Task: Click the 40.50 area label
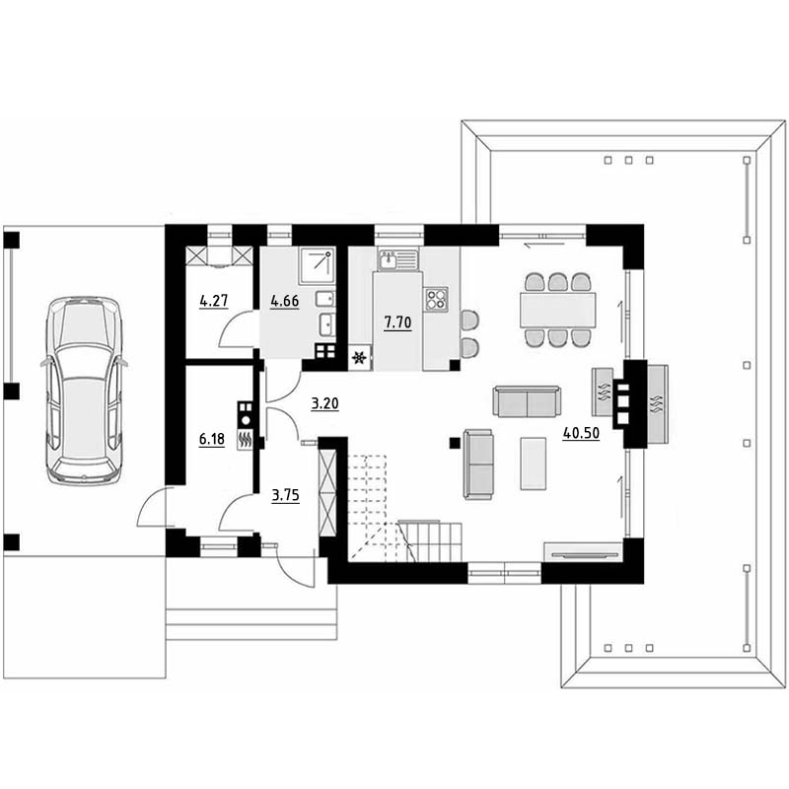(x=581, y=433)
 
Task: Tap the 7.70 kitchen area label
(x=397, y=323)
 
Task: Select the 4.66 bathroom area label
(x=285, y=301)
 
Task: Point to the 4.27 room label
(x=214, y=301)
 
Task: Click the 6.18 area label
(x=212, y=439)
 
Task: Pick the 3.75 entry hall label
(x=285, y=495)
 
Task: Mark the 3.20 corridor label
(x=324, y=403)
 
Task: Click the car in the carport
(x=84, y=391)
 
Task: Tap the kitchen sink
(x=398, y=260)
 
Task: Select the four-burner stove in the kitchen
(x=436, y=299)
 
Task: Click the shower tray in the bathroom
(x=317, y=265)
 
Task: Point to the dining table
(x=558, y=310)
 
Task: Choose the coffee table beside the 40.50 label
(x=534, y=464)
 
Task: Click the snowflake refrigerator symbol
(x=360, y=358)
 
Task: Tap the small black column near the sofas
(x=455, y=443)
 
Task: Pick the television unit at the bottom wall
(x=584, y=552)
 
